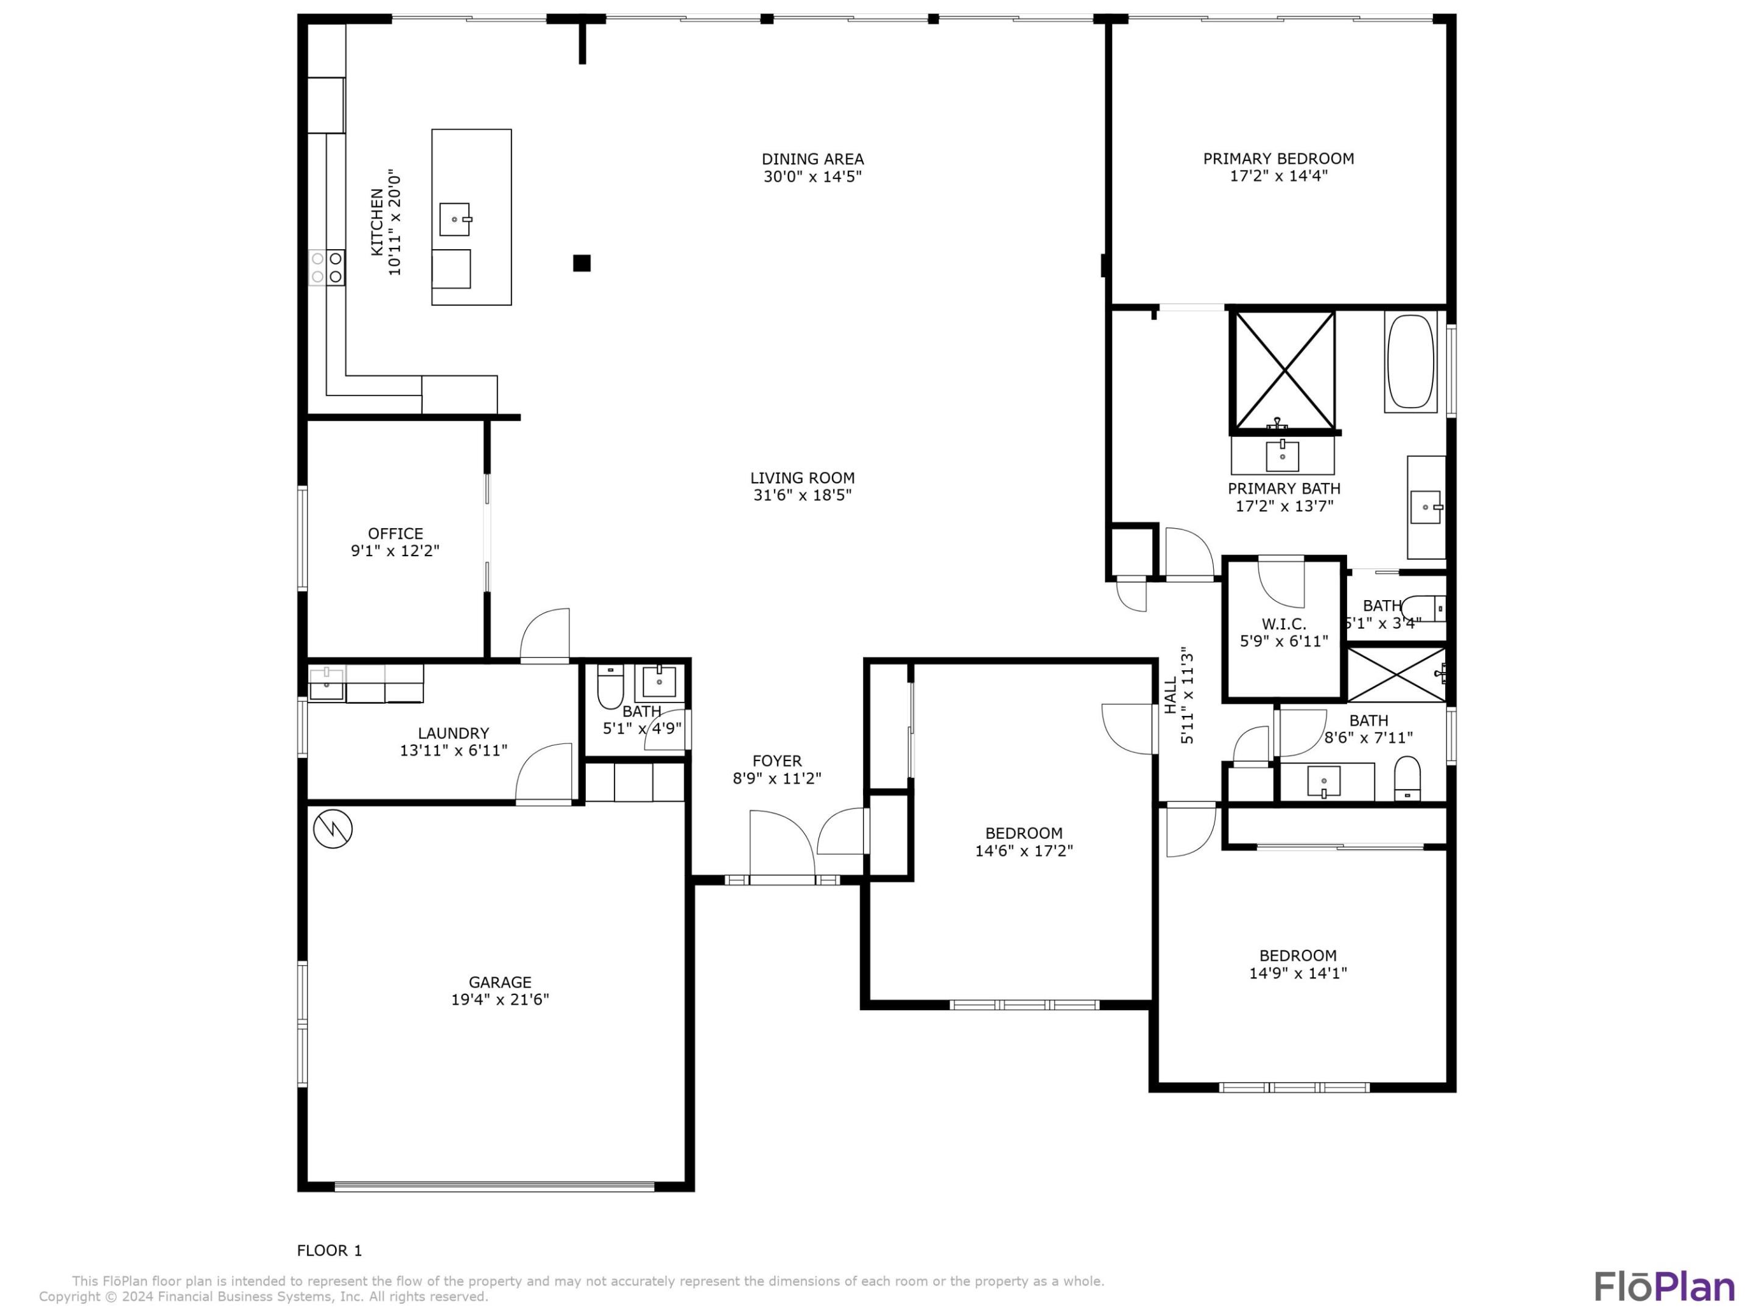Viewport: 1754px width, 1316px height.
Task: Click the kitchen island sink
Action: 455,219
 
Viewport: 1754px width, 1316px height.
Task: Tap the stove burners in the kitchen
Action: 326,267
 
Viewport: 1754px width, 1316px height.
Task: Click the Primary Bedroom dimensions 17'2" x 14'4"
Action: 1278,176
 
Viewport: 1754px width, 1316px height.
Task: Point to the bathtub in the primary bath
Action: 1411,362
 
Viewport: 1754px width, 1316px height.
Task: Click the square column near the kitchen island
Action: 582,263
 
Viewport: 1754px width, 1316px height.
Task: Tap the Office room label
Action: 395,534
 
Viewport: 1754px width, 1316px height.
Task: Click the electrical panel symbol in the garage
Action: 333,829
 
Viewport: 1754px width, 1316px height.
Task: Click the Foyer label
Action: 777,761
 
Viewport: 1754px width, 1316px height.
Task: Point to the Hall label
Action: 1171,696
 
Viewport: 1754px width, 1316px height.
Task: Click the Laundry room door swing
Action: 544,773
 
